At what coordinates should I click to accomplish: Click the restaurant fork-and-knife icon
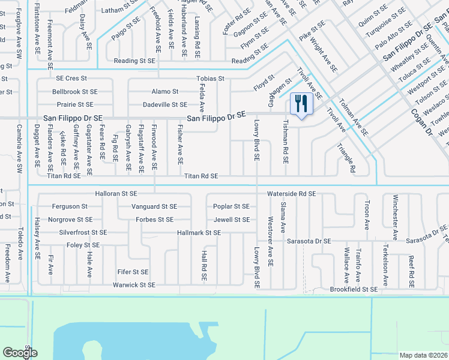299,103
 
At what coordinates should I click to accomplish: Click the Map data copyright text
423,355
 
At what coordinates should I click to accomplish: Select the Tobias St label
210,79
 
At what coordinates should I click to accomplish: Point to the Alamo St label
164,92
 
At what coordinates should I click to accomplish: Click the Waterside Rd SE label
291,194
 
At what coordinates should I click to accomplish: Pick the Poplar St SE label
231,206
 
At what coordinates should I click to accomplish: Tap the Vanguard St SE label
154,206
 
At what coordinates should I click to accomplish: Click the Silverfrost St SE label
83,232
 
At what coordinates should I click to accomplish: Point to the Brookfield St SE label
354,289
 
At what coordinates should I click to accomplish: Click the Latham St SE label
121,10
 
